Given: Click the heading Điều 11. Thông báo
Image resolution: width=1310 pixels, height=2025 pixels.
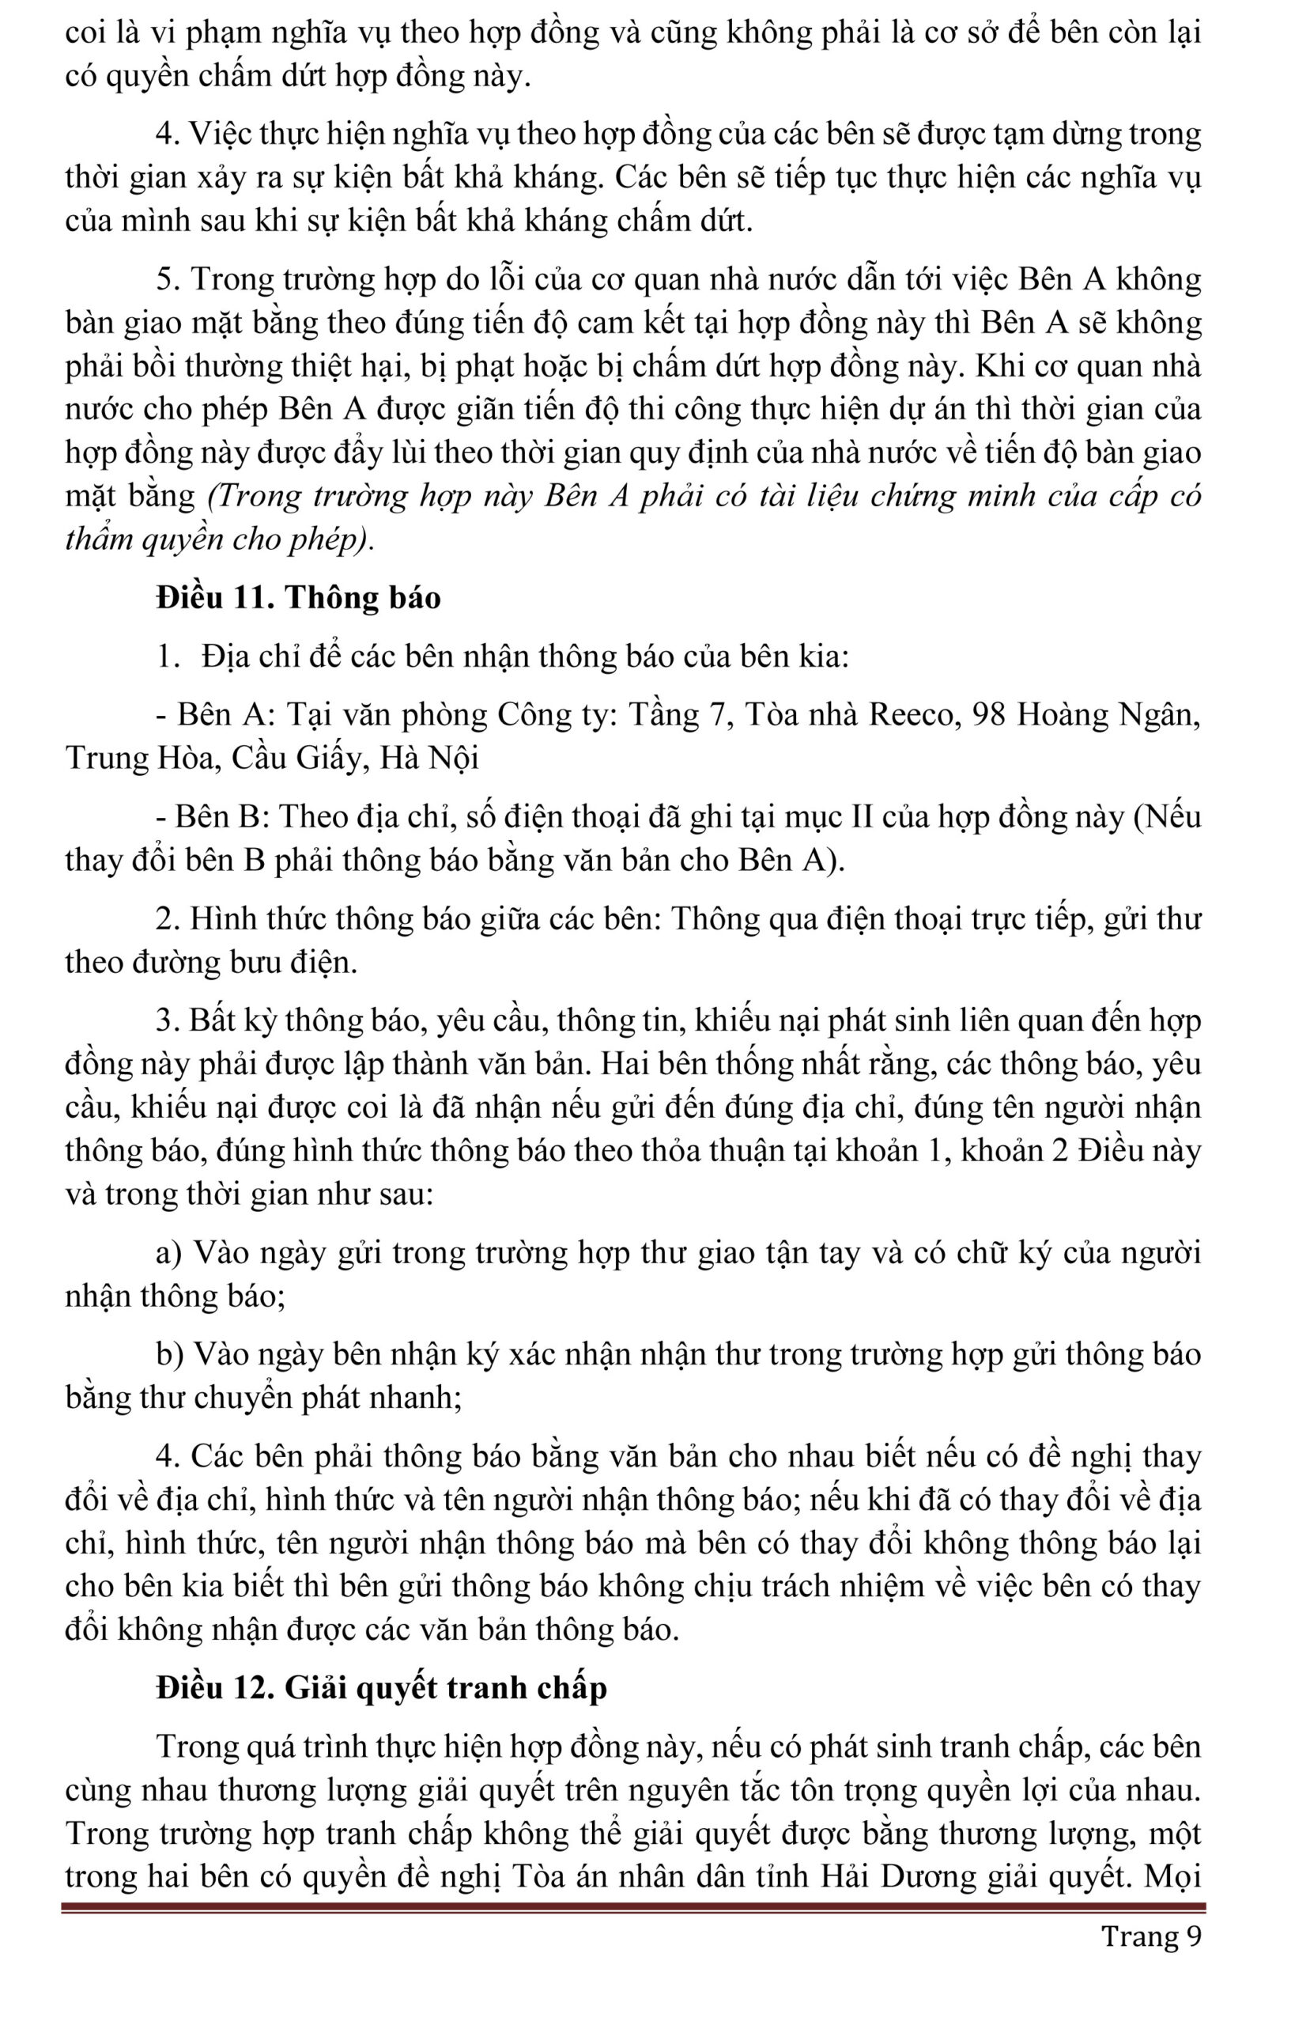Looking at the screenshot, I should click(298, 597).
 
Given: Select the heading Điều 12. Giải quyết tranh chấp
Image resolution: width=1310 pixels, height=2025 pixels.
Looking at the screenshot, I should click(381, 1688).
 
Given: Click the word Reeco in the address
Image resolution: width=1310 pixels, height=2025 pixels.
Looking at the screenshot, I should click(915, 713).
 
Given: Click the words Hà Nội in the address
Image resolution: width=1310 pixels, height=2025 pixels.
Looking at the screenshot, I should click(428, 757).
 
